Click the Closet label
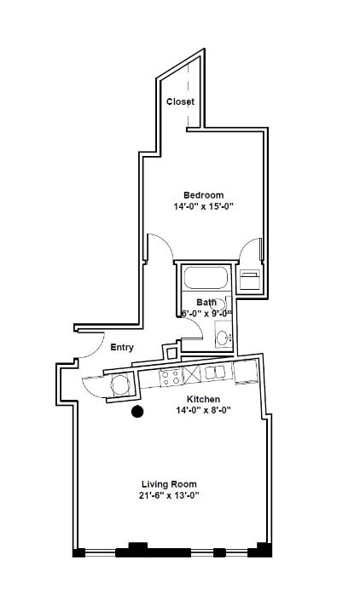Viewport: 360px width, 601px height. [x=180, y=101]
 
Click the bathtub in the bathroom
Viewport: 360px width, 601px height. [x=205, y=278]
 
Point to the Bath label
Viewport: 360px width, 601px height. [x=206, y=302]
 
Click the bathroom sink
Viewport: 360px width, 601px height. [x=222, y=338]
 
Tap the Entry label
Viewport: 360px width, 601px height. [x=122, y=347]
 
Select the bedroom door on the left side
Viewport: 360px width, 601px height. [x=159, y=246]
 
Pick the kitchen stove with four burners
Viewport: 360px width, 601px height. [x=168, y=376]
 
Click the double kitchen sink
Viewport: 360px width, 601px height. [x=214, y=372]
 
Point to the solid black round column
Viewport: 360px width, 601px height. [x=136, y=413]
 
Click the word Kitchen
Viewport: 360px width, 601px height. [x=204, y=399]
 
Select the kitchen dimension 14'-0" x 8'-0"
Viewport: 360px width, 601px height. [x=204, y=411]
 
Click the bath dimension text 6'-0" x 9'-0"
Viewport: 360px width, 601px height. [x=206, y=313]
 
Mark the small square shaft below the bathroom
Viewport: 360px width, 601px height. [x=171, y=350]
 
